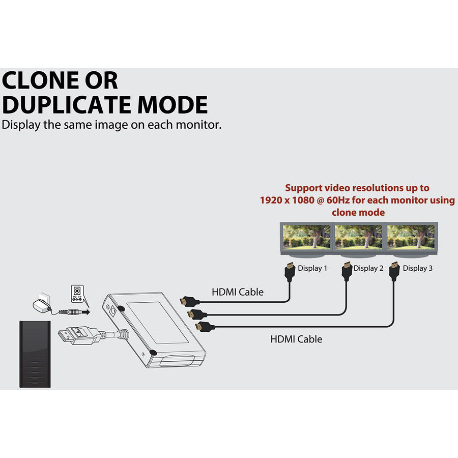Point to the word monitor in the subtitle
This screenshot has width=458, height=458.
coord(196,125)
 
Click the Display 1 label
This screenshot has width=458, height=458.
coord(312,268)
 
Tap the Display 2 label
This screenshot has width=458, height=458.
coord(368,268)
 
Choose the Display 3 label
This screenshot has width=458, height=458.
coord(418,268)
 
